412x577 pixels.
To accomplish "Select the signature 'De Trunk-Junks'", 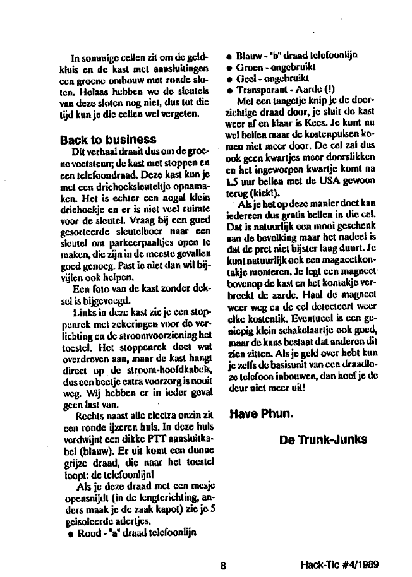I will click(323, 439).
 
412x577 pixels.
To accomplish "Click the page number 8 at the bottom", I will click(223, 566).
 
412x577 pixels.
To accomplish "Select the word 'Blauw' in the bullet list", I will click(249, 55).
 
